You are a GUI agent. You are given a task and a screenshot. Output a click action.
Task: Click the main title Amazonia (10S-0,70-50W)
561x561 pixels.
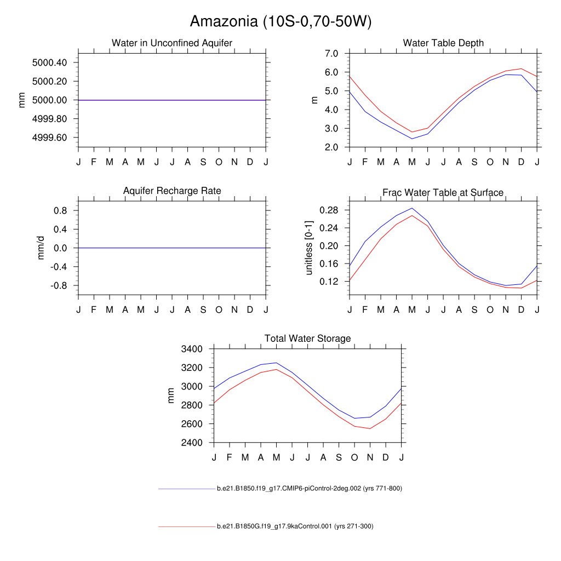280,21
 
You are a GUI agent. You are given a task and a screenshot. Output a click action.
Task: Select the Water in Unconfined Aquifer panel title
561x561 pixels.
172,43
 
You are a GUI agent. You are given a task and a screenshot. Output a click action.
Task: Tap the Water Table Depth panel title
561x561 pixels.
443,43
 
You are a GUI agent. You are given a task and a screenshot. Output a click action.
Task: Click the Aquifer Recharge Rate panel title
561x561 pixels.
172,191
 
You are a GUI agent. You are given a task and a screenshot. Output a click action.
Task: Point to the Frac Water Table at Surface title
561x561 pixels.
443,192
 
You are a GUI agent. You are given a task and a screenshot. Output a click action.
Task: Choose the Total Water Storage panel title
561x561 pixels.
307,339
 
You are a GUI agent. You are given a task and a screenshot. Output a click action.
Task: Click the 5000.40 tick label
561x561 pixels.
49,62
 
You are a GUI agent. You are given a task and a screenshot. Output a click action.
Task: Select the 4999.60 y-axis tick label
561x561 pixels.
49,138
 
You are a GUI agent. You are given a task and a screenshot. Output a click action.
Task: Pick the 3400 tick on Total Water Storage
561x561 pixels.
192,349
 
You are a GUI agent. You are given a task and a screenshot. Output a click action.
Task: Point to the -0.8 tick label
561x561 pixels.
58,285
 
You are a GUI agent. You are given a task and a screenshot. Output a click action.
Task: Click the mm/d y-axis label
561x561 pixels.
41,248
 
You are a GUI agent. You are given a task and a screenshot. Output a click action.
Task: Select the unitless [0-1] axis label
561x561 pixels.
309,248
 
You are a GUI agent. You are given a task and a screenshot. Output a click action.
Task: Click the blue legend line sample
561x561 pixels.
187,489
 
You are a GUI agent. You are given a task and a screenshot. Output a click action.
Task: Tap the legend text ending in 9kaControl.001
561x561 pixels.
295,526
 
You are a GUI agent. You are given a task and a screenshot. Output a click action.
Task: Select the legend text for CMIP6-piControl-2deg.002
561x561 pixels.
310,489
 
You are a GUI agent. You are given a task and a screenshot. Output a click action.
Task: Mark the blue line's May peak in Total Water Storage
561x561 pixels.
277,363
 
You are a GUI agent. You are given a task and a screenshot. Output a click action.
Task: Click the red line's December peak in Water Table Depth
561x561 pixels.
522,69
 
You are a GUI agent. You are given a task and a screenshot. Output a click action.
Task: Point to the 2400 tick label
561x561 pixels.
192,443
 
